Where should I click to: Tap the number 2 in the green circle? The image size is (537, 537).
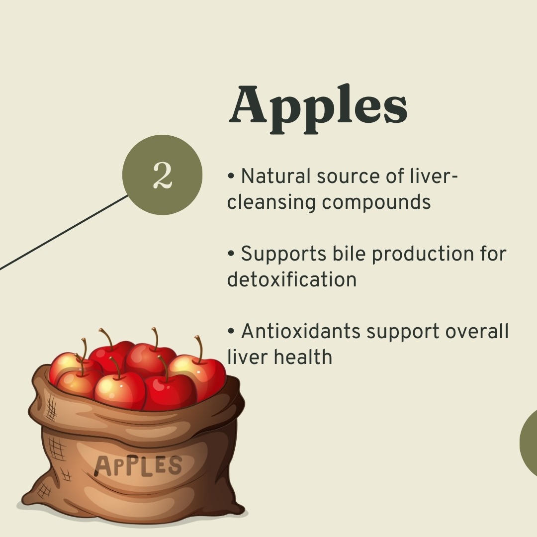pos(162,176)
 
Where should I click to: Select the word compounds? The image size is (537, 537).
pos(376,202)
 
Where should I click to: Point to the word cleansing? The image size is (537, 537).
pos(271,202)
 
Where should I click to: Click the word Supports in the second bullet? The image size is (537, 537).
pos(283,255)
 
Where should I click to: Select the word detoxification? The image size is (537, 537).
pos(292,279)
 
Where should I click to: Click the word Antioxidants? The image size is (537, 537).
pos(301,332)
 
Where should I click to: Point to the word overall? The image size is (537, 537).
pos(477,332)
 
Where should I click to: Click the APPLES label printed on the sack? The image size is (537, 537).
pos(138,466)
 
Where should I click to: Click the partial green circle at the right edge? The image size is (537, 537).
pos(529,443)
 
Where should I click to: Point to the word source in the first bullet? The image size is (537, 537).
pos(348,177)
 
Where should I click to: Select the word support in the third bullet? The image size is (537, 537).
pos(403,333)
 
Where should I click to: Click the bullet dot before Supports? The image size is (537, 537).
pos(231,254)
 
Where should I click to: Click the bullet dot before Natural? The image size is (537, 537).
pos(231,176)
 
